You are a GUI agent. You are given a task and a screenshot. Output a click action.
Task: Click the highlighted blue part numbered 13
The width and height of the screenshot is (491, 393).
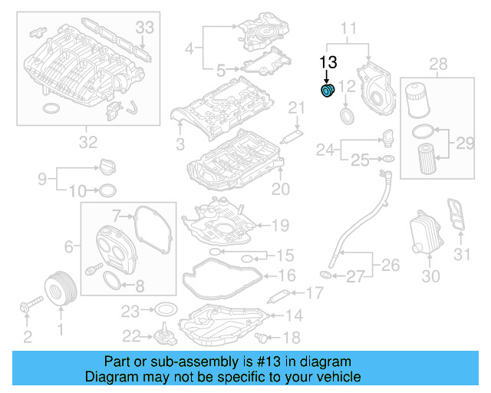click(x=328, y=92)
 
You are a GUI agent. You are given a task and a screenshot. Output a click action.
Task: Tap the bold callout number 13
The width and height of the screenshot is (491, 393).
click(x=328, y=61)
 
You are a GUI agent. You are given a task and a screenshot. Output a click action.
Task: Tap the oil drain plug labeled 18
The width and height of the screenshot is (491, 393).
click(x=265, y=336)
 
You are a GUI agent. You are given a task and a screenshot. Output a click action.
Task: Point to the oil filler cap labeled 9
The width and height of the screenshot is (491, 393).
click(x=107, y=167)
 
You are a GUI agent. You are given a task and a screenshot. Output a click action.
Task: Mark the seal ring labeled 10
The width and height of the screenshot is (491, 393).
click(x=108, y=190)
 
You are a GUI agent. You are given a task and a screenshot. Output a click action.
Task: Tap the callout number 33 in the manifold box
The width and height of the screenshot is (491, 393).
click(x=145, y=28)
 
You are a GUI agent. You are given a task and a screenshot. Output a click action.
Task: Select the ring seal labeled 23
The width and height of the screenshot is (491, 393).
click(x=164, y=310)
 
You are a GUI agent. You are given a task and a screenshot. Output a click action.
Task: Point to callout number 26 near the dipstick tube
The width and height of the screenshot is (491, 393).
click(x=391, y=266)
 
